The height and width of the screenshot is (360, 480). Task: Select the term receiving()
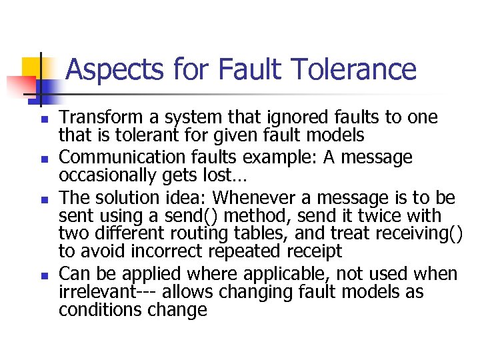(x=419, y=234)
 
